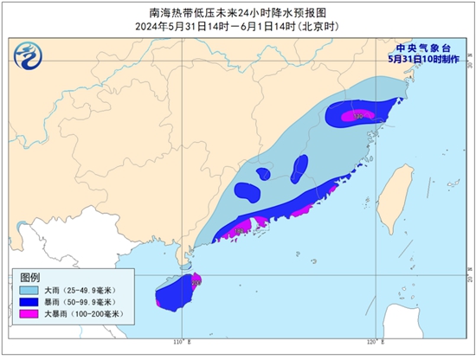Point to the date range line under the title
pos(237,26)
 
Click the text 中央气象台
pos(423,48)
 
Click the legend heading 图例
pos(31,277)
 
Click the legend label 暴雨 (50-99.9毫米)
pos(83,302)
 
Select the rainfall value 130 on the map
pos(357,114)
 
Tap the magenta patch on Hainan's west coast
pos(162,300)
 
